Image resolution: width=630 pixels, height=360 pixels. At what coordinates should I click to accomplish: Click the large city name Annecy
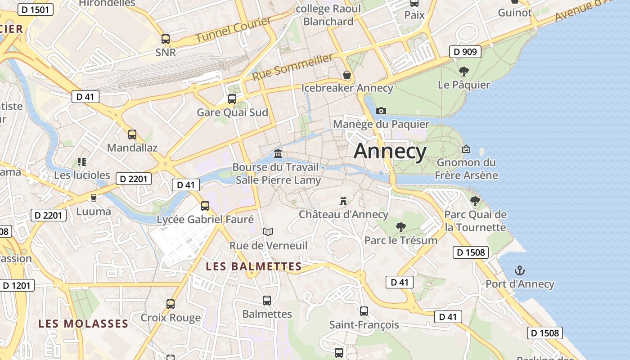(x=390, y=152)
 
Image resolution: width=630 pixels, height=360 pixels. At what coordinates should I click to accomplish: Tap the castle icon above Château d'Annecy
(x=343, y=201)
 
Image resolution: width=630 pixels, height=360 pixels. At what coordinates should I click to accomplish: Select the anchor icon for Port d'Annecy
(x=520, y=270)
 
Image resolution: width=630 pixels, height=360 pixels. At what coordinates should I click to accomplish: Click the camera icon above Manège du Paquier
(x=381, y=111)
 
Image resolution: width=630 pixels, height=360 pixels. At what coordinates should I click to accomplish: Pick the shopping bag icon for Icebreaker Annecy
(x=347, y=74)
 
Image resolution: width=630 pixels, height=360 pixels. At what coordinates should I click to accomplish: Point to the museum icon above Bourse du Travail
(x=278, y=154)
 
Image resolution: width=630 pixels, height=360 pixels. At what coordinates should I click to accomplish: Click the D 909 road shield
(x=465, y=52)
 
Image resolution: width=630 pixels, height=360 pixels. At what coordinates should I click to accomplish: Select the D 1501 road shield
(x=34, y=9)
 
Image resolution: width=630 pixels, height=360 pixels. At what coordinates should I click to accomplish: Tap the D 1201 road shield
(x=17, y=285)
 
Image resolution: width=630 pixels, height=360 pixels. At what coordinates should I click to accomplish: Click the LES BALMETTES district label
(x=254, y=266)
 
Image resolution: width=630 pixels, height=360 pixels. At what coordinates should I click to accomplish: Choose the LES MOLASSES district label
(x=83, y=324)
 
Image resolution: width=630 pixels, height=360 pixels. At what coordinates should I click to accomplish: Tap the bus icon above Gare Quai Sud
(x=232, y=99)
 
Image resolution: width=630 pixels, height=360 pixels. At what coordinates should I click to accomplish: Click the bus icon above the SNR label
(x=166, y=39)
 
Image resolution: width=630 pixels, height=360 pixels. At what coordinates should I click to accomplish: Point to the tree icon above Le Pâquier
(x=463, y=71)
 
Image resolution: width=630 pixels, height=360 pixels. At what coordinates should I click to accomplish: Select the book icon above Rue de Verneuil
(x=268, y=232)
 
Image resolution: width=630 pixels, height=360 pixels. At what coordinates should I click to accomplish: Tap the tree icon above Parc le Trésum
(x=400, y=227)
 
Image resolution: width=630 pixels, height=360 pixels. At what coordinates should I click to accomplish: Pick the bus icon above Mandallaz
(x=132, y=134)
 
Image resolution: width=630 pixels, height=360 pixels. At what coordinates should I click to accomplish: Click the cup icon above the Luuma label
(x=94, y=198)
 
